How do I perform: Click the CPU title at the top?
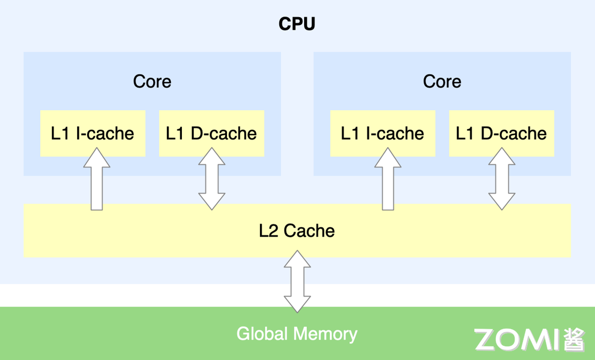coord(297,24)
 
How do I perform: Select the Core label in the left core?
coord(152,82)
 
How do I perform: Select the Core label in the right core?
coord(442,82)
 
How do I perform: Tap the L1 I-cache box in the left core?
coord(93,133)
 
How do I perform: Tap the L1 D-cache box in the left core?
coord(212,133)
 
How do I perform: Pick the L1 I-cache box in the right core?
coord(382,133)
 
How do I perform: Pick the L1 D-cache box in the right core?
coord(501,133)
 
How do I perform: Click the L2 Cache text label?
coord(297,230)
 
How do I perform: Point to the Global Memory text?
coord(297,334)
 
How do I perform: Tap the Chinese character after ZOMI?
coord(574,340)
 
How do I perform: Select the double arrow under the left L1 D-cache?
coord(212,179)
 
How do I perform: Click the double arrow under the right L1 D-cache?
coord(501,179)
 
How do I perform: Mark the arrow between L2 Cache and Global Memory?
coord(297,281)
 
